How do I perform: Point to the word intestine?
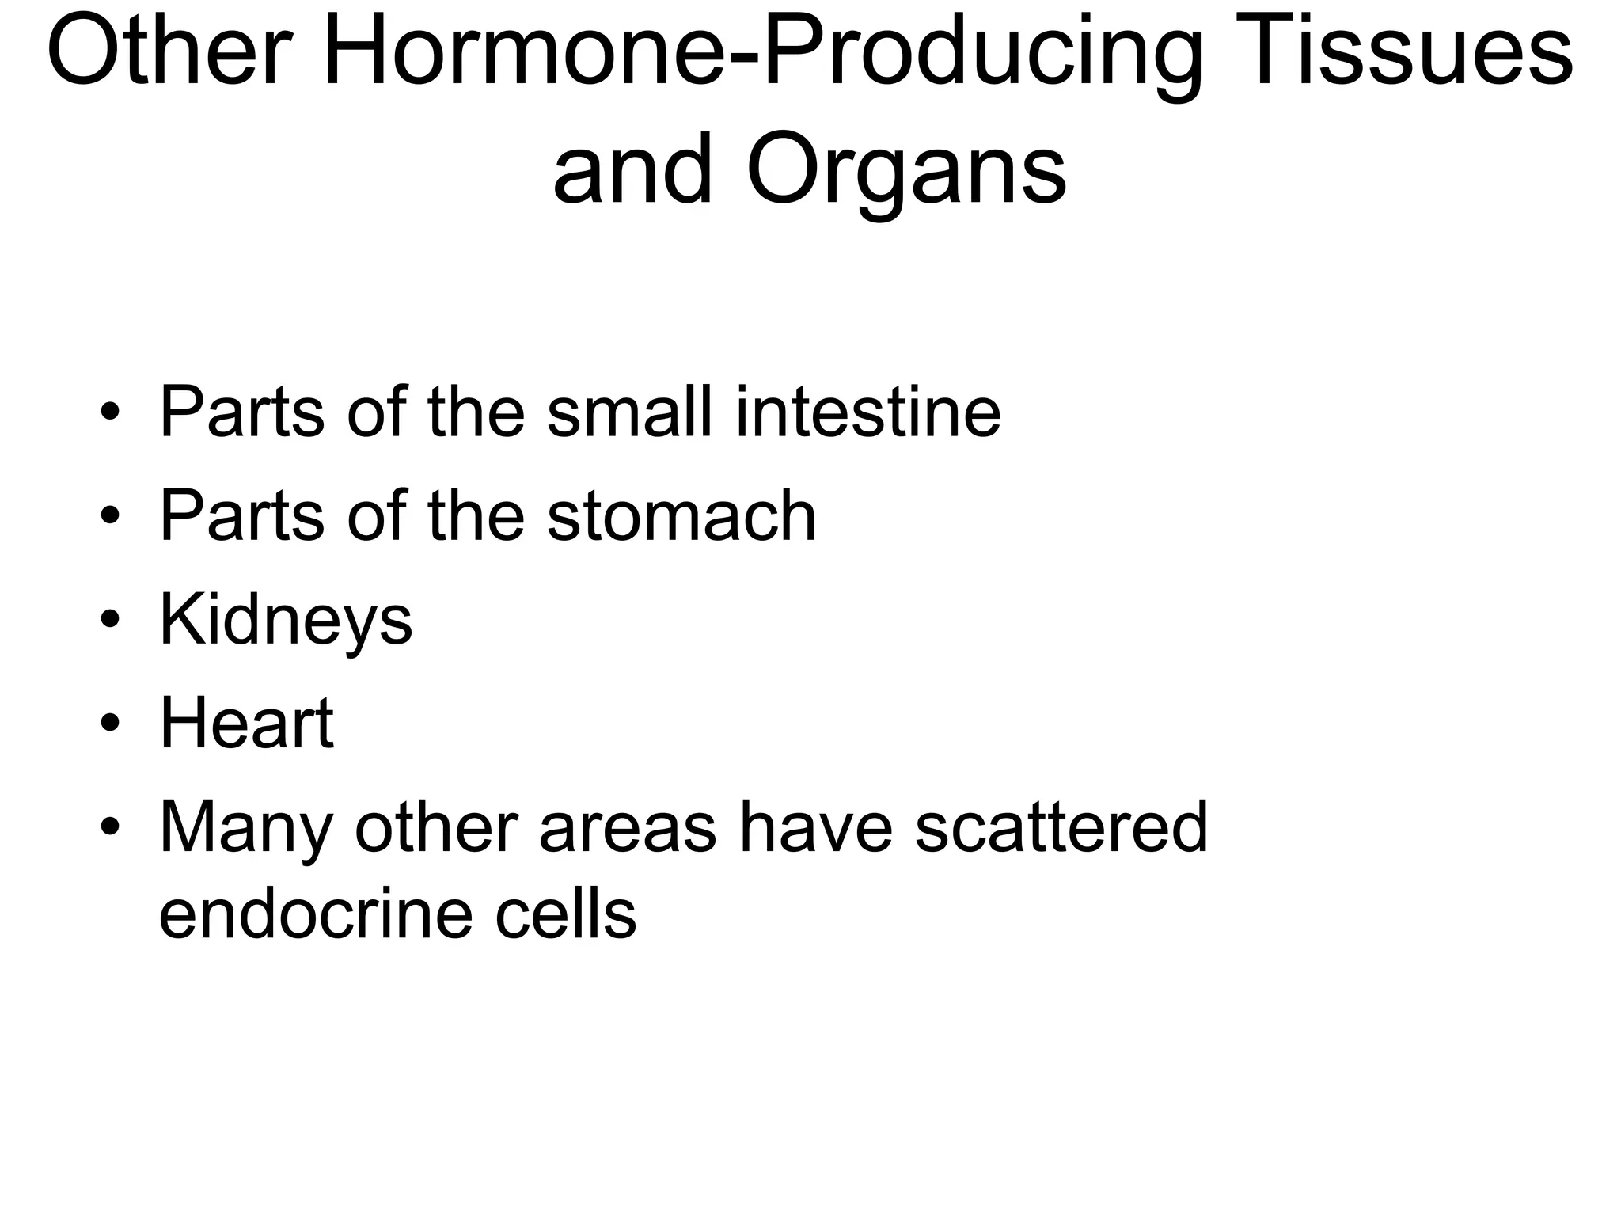click(868, 412)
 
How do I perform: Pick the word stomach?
click(681, 516)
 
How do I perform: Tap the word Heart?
click(246, 723)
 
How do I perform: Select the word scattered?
click(1061, 827)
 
